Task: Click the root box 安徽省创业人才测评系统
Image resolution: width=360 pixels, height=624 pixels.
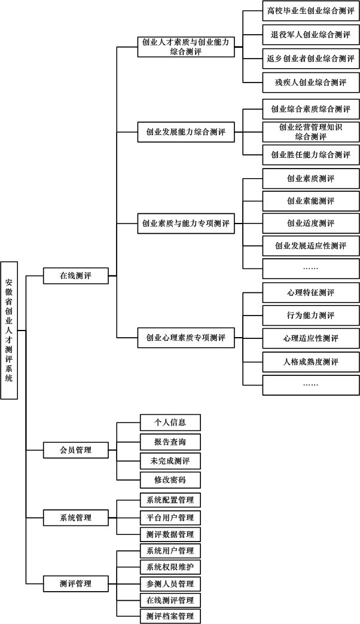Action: (x=9, y=331)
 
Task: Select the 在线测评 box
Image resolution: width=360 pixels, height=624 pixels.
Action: (x=76, y=276)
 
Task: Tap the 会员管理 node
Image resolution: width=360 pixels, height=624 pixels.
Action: (x=76, y=450)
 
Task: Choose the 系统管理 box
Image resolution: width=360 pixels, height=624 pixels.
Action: (x=76, y=518)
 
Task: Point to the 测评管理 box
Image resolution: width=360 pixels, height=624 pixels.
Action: (x=76, y=584)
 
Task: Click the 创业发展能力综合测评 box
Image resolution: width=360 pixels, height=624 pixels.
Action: (x=186, y=132)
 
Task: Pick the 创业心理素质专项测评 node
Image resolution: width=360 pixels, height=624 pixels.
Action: (x=186, y=338)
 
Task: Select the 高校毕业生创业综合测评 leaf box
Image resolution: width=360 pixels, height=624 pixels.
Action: (x=310, y=11)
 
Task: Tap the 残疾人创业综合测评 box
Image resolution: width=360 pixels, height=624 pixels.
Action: (x=310, y=82)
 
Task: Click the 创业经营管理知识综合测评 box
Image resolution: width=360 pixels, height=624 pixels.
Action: (x=310, y=132)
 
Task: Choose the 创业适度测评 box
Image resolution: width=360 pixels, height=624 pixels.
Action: (x=310, y=224)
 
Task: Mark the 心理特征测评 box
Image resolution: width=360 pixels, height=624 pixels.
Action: (x=310, y=292)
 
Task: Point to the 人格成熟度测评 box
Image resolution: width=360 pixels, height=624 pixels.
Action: (x=310, y=362)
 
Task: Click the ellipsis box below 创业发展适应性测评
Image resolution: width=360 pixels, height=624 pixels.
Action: (x=310, y=268)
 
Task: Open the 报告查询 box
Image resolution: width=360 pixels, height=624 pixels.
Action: (x=170, y=442)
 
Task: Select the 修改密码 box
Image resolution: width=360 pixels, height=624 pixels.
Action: (x=170, y=480)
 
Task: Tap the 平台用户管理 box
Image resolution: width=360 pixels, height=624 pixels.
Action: (x=170, y=518)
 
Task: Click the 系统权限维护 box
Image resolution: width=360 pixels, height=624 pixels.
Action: (x=170, y=567)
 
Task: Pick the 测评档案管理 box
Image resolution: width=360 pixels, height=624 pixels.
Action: (x=170, y=616)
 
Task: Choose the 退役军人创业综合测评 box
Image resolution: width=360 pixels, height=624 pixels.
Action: (x=310, y=35)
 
